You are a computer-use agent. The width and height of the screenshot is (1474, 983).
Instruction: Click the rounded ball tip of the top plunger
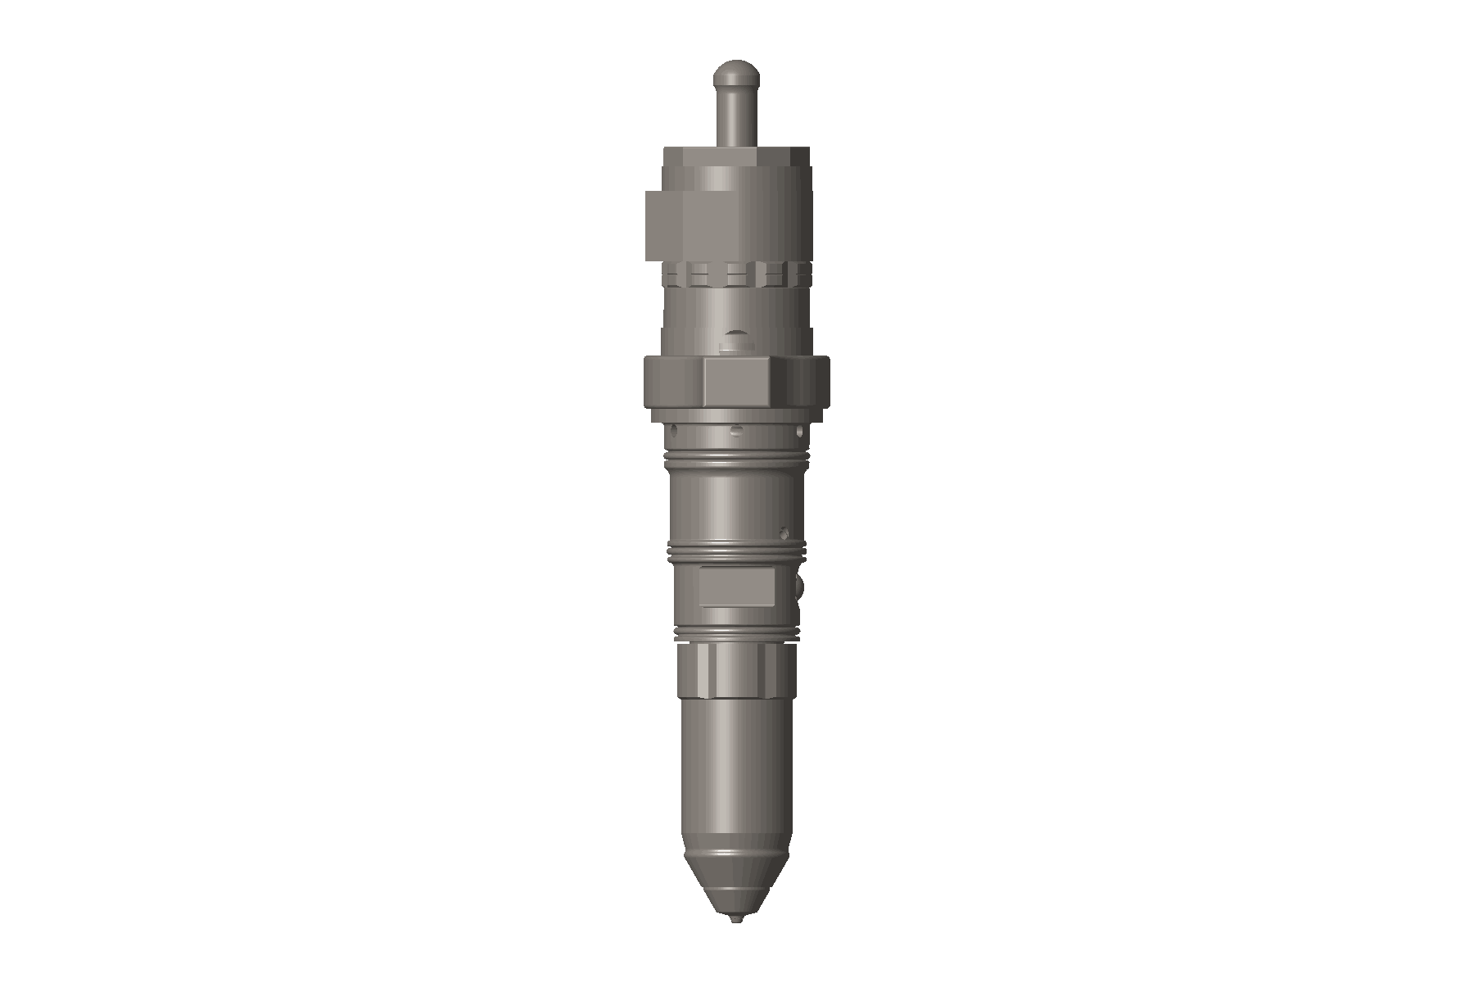[736, 75]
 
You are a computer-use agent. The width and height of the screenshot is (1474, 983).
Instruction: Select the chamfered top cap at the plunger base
[736, 156]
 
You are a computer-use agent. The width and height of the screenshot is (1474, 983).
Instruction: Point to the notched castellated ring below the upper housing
[736, 274]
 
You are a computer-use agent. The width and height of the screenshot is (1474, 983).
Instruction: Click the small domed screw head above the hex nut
[736, 342]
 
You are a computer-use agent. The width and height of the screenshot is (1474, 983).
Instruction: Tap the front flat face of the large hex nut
[736, 383]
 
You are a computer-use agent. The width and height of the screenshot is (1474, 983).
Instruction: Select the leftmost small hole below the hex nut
[674, 429]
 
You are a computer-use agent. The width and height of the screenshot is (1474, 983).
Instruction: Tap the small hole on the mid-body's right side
[784, 530]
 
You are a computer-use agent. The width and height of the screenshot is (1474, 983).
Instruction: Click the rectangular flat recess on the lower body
[736, 588]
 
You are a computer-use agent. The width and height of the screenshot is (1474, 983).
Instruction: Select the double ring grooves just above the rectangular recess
[736, 553]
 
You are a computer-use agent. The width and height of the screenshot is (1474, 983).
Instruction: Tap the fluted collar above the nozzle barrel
[736, 670]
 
